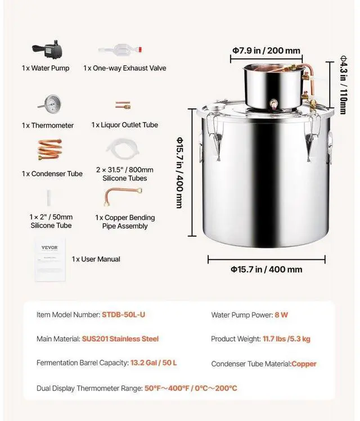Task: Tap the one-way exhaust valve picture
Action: [118, 51]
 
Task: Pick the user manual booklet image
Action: [49, 260]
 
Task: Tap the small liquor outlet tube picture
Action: [123, 105]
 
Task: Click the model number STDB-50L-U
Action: [123, 315]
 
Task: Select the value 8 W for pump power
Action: [281, 315]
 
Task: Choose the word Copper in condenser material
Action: [304, 364]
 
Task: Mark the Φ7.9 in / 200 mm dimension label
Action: [266, 50]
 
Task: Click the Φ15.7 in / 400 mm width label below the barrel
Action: [266, 269]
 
